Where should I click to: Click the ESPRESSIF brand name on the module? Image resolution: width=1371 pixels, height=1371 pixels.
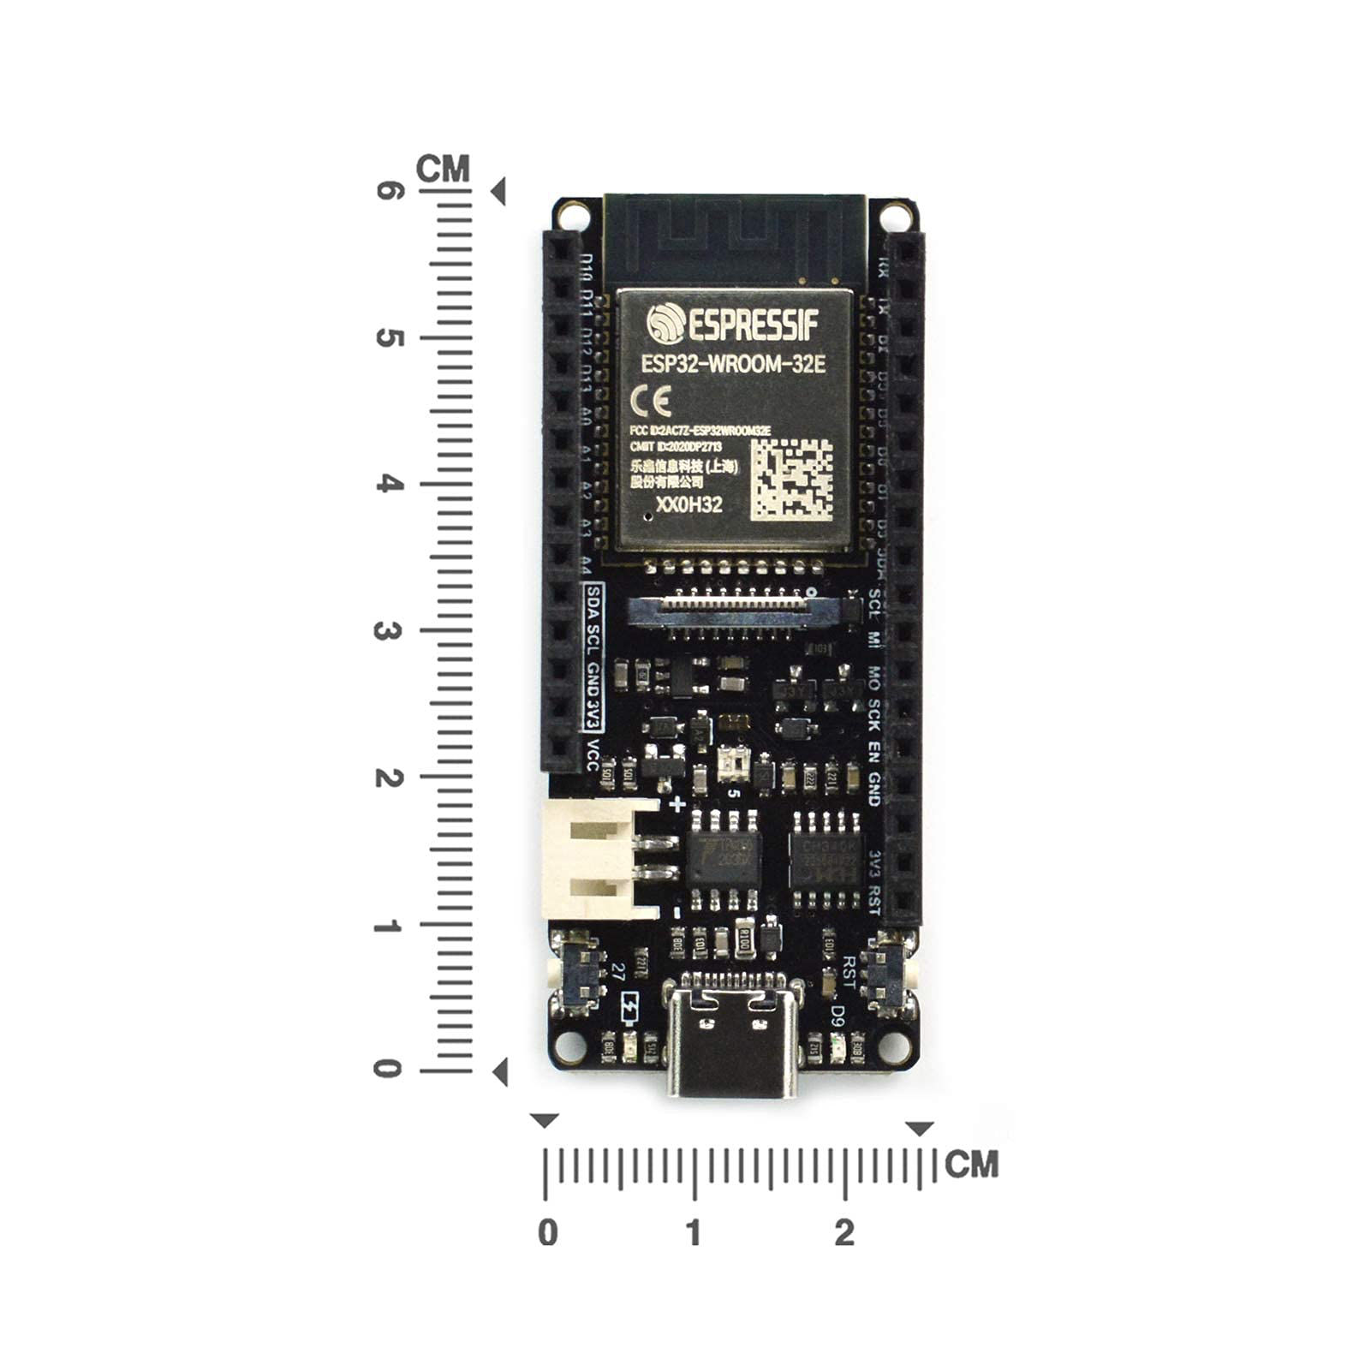[x=733, y=324]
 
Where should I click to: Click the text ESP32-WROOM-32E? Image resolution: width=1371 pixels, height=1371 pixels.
[x=733, y=364]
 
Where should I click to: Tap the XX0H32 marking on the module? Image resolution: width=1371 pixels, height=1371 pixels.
[x=688, y=505]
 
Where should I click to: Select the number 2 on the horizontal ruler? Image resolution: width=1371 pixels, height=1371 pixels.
[x=844, y=1233]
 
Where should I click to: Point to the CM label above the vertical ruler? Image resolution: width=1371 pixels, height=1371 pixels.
[x=443, y=169]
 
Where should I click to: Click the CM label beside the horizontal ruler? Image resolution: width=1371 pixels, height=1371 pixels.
[x=972, y=1165]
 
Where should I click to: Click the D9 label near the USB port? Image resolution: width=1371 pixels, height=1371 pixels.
[x=838, y=1015]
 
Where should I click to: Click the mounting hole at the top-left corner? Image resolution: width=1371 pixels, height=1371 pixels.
[x=570, y=213]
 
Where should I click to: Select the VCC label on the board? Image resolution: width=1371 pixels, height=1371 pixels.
[x=592, y=754]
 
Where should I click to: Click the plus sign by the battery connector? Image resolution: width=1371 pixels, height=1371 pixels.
[x=677, y=804]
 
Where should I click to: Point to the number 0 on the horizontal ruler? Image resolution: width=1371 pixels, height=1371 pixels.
[x=547, y=1233]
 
